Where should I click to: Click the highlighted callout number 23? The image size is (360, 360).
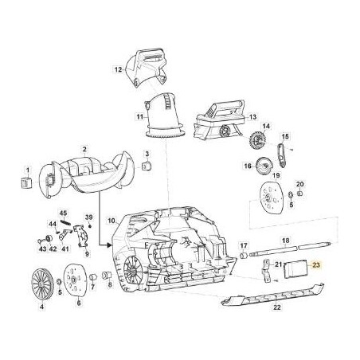tap(316, 265)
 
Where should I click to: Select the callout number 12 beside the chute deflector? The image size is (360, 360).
tap(118, 70)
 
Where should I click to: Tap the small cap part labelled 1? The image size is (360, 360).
tap(26, 183)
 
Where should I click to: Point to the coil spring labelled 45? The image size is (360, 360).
tap(65, 221)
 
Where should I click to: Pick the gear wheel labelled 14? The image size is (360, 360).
tap(257, 139)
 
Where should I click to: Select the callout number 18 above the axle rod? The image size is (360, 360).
tap(286, 241)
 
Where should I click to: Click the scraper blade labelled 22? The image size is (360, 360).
tap(272, 294)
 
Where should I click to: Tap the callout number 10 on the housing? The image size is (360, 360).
tap(112, 221)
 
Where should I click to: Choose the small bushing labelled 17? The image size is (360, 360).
tap(244, 256)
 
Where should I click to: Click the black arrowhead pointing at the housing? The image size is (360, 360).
tap(108, 245)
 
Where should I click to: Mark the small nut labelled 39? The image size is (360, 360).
tap(90, 226)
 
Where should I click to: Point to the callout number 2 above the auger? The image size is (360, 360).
tap(84, 149)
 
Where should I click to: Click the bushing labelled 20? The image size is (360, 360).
tap(299, 193)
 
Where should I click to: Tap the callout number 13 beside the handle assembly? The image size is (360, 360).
tap(253, 117)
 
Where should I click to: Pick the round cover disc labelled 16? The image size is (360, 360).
tap(264, 166)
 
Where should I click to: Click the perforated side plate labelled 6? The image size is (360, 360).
tap(76, 280)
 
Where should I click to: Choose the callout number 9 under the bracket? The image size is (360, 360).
tap(87, 254)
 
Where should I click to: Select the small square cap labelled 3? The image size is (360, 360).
tap(147, 166)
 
